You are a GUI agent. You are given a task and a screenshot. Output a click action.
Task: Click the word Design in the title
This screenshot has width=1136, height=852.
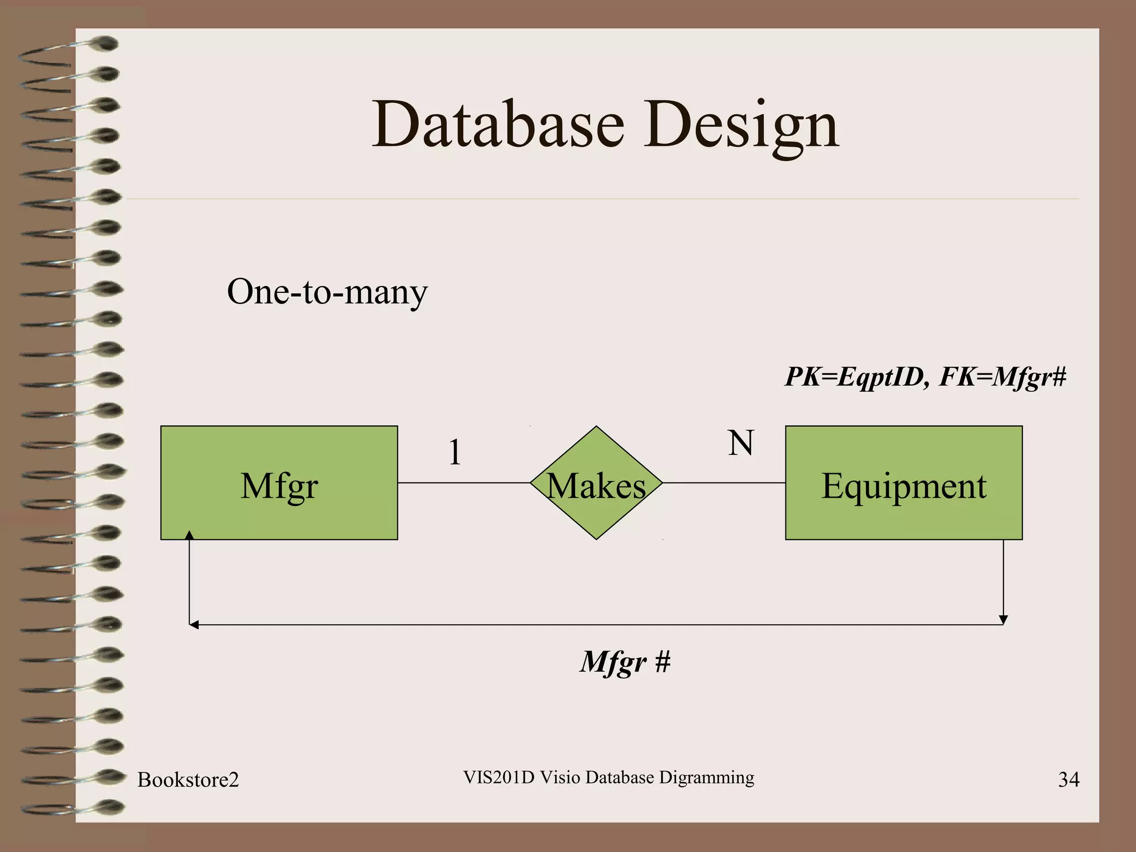(x=741, y=125)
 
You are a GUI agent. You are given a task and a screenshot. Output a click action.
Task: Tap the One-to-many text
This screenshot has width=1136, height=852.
(x=327, y=292)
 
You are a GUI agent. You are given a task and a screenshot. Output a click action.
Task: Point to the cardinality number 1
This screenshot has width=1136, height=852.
(x=455, y=452)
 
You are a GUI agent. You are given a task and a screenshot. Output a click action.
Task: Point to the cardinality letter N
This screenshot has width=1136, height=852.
(x=741, y=443)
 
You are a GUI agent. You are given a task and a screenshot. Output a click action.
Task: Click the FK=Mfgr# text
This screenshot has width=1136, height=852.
(x=1003, y=377)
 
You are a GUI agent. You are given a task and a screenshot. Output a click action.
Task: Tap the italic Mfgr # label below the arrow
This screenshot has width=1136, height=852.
(x=625, y=661)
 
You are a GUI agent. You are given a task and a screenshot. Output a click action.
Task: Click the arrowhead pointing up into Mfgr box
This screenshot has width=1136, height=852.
(x=190, y=535)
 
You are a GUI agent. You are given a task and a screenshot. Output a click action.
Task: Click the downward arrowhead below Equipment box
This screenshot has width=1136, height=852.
(x=1003, y=620)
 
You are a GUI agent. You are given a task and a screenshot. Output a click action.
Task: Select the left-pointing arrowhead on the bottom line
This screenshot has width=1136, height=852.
(x=194, y=625)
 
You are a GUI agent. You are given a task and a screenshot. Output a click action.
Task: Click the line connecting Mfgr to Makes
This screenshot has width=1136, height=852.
(x=464, y=483)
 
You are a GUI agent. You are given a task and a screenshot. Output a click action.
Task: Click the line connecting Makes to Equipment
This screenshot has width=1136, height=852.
(x=723, y=483)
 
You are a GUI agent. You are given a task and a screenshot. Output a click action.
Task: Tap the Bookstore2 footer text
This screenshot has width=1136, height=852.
(x=188, y=780)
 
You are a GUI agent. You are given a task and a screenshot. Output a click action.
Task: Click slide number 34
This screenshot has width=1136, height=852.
(x=1068, y=780)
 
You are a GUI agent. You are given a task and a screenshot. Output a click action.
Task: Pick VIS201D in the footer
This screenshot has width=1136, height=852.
(x=498, y=778)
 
